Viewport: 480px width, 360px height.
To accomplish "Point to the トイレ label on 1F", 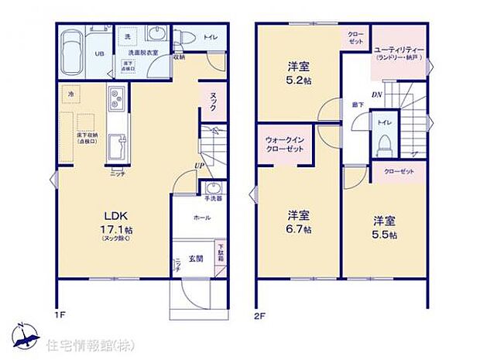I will point(210,36).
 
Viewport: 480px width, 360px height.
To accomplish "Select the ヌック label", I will point(214,97).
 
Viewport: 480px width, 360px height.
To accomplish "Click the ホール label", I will point(202,218).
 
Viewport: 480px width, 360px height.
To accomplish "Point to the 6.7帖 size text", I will point(298,230).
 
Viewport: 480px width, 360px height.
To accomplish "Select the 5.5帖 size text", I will point(383,234).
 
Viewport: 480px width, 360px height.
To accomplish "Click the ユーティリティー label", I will point(399,50).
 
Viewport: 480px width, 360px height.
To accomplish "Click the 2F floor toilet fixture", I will point(382,141).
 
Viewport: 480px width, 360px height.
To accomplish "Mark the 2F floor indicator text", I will point(262,317).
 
